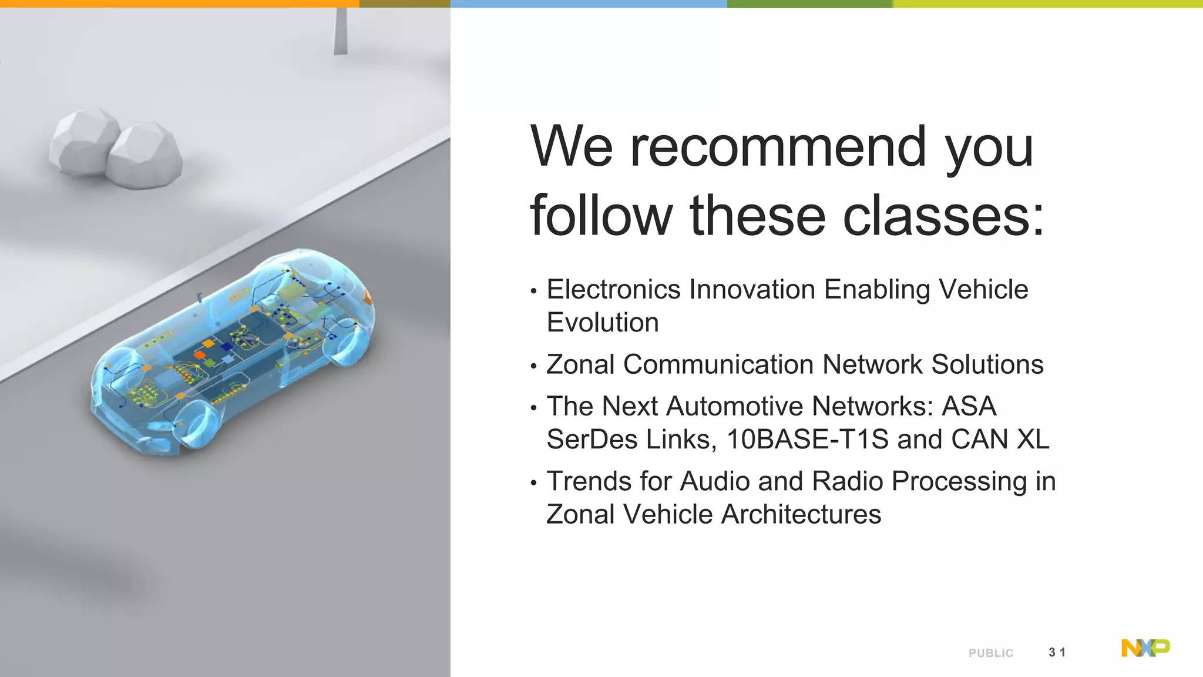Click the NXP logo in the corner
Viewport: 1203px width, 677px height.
[1145, 648]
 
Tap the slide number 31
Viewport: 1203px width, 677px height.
[1057, 652]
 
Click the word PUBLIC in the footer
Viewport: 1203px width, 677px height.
[991, 653]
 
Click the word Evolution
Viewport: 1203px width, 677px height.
[603, 323]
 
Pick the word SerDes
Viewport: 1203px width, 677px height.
[589, 440]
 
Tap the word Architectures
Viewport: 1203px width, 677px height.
[801, 514]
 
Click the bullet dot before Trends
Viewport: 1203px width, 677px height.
[533, 484]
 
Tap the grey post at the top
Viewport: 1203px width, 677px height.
[340, 31]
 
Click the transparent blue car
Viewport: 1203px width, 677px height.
[232, 353]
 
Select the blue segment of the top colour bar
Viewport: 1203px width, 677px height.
[588, 4]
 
